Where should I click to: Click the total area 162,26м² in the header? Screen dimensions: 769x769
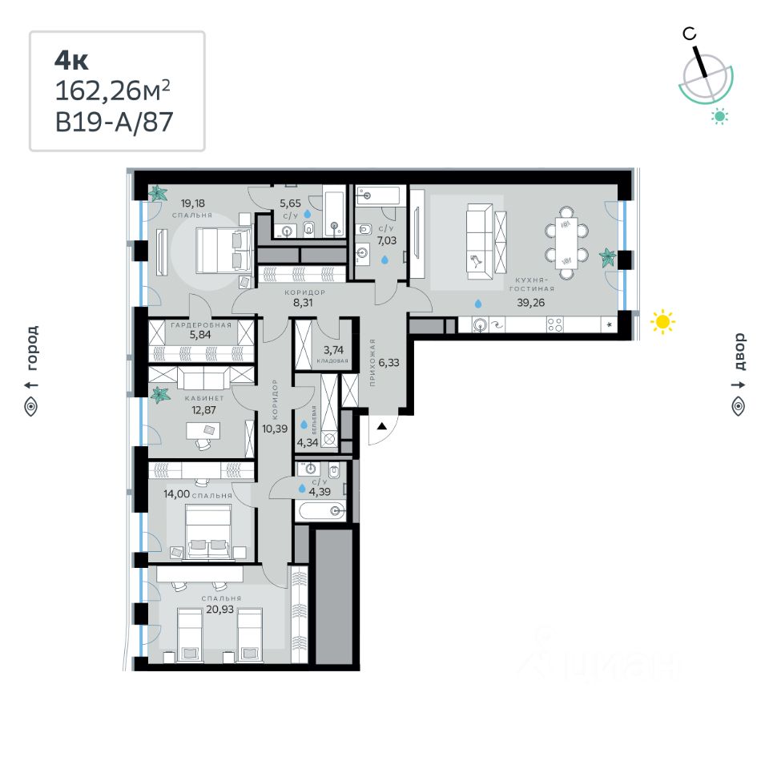pos(112,91)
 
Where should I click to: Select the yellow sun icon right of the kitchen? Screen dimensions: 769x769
pos(662,322)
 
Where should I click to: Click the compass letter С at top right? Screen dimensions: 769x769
pos(689,33)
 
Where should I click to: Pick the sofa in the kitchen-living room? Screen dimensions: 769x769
pos(480,241)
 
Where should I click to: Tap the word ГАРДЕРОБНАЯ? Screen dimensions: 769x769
pos(201,325)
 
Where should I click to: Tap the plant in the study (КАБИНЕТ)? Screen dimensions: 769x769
pos(161,394)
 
